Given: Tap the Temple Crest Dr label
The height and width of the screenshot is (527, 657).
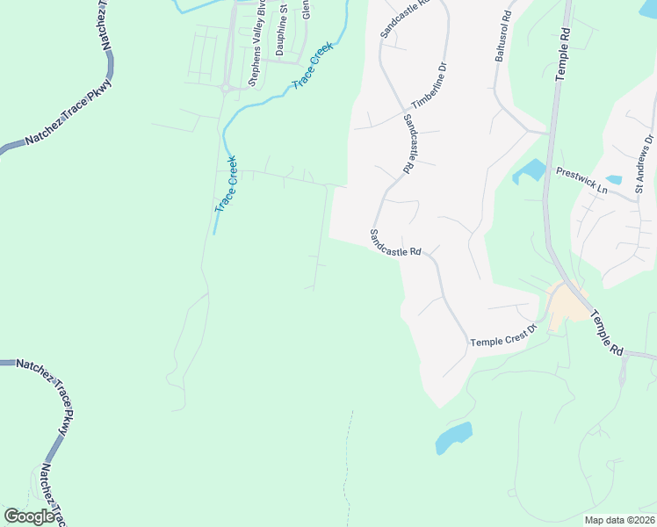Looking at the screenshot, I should pyautogui.click(x=503, y=338).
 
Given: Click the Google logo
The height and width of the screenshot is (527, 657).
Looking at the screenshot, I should pyautogui.click(x=30, y=516).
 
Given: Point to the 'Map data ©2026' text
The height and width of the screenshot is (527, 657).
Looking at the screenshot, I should pyautogui.click(x=619, y=520).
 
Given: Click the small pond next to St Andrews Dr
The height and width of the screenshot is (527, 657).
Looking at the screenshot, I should pyautogui.click(x=614, y=180).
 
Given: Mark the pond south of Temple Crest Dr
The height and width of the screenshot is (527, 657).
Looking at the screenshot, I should pyautogui.click(x=453, y=437).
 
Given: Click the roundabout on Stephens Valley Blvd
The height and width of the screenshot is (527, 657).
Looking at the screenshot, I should pyautogui.click(x=227, y=88).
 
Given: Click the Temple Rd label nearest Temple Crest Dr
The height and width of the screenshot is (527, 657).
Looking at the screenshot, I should pyautogui.click(x=606, y=332).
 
